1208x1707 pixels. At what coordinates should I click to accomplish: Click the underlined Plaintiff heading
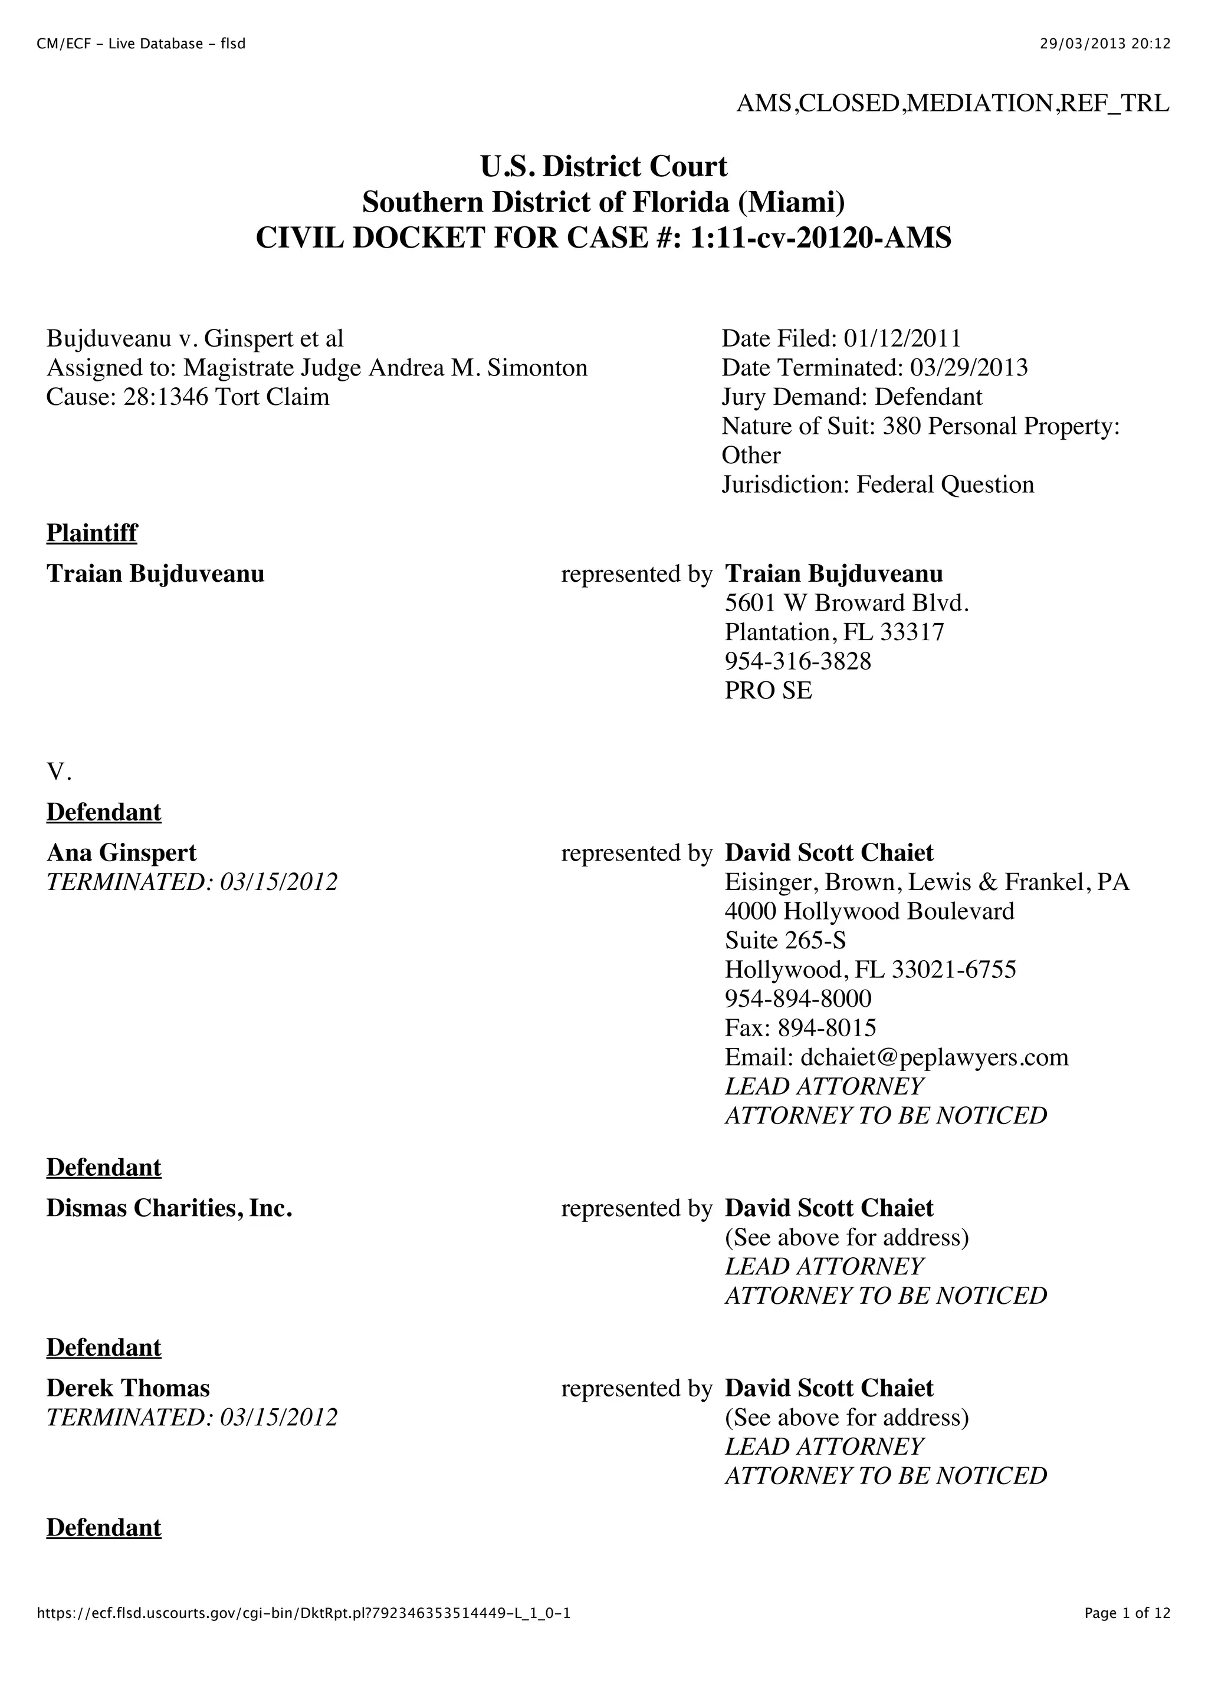tap(91, 532)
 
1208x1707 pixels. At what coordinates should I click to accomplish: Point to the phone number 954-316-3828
tap(797, 661)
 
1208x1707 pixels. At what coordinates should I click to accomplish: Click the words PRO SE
tap(769, 690)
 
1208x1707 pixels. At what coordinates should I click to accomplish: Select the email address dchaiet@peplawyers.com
tap(934, 1057)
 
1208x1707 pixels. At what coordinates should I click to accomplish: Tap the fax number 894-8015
tap(826, 1027)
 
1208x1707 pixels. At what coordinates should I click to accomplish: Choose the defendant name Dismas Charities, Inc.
tap(169, 1208)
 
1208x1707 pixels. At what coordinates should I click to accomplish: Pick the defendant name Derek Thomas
tap(128, 1388)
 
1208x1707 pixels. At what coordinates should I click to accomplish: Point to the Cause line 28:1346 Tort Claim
tap(188, 397)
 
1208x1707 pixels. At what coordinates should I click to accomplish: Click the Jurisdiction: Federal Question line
tap(878, 485)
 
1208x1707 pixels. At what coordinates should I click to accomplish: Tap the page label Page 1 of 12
tap(1127, 1633)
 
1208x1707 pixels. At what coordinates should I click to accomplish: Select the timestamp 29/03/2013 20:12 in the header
tap(1105, 44)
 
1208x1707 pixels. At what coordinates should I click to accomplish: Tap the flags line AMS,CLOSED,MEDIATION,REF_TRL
tap(952, 103)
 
